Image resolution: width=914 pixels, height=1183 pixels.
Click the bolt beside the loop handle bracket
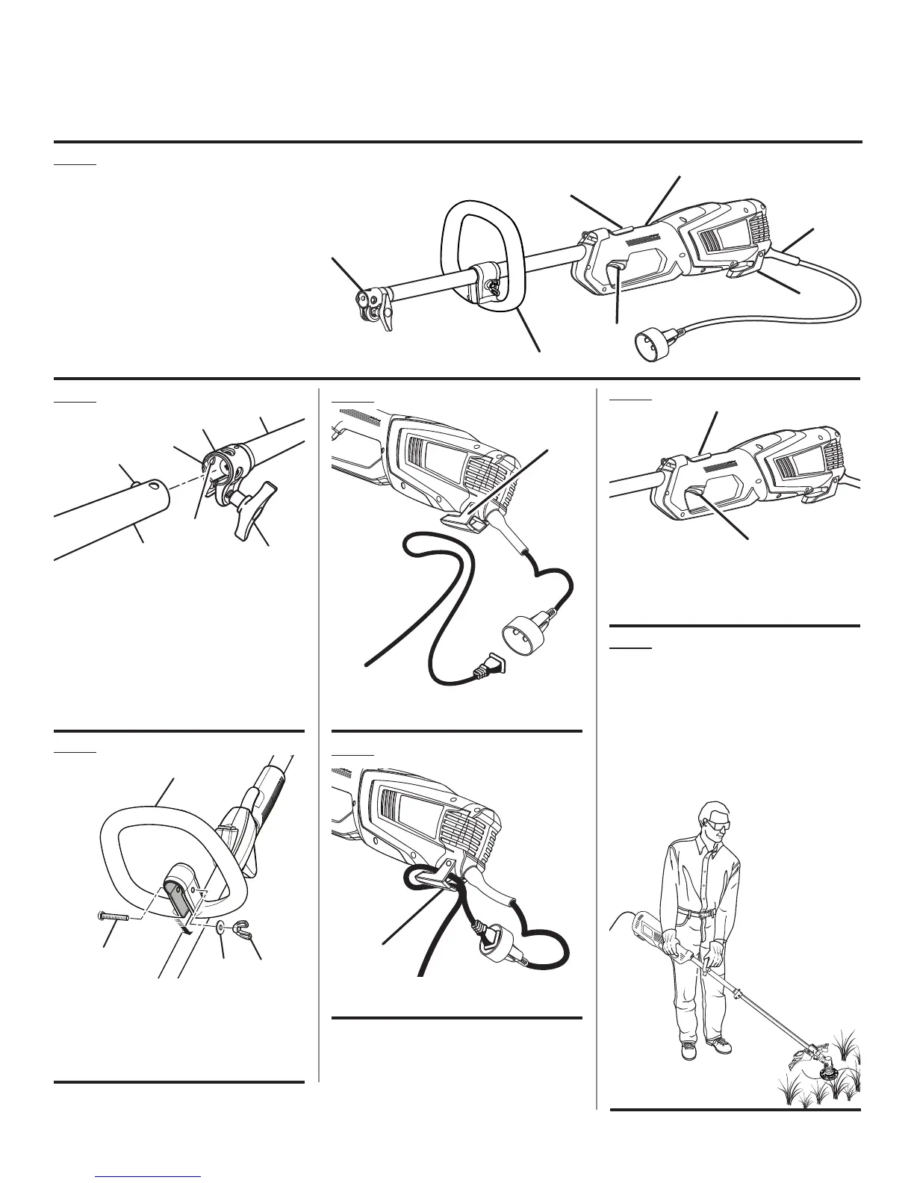point(113,916)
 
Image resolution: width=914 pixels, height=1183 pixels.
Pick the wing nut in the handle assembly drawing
point(240,929)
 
